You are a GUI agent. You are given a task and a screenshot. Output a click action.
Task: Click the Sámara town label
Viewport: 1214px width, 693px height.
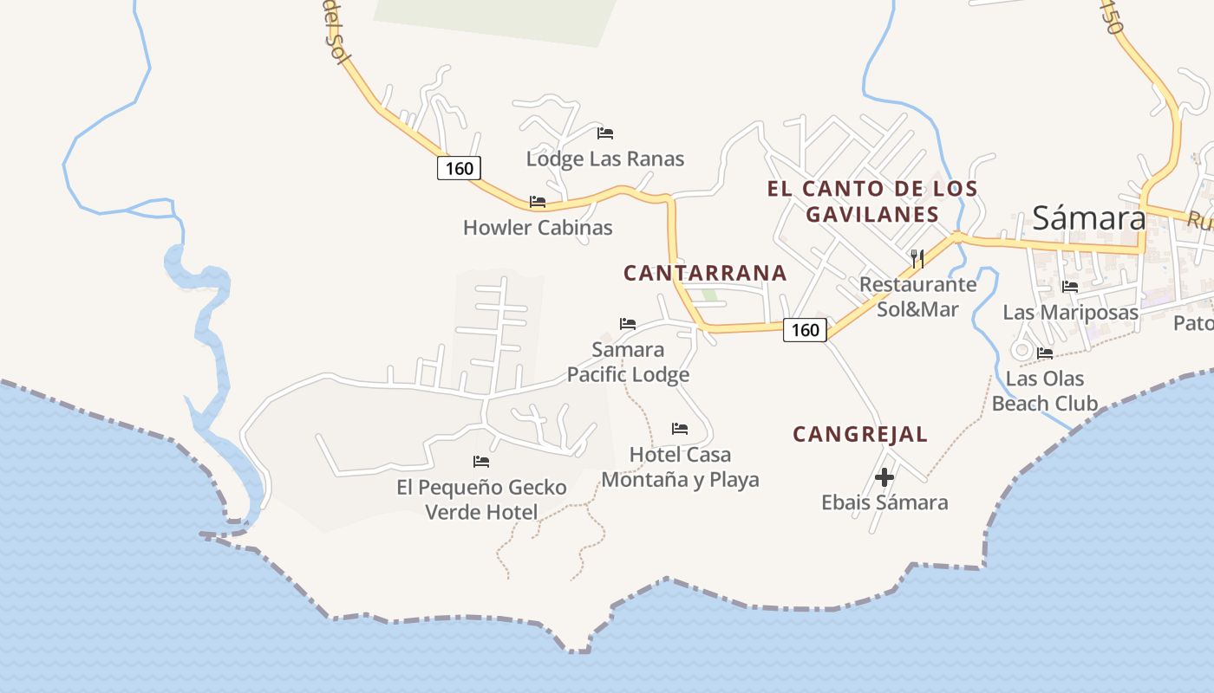[x=1088, y=218]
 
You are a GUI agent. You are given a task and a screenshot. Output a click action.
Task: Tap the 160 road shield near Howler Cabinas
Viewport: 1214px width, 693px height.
[x=459, y=167]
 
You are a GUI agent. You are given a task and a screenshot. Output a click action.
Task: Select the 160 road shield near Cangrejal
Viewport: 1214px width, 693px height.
[x=805, y=329]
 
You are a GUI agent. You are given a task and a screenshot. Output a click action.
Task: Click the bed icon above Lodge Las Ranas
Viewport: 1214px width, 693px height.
[x=605, y=133]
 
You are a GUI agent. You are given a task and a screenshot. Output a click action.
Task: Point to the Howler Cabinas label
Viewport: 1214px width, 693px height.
[x=538, y=228]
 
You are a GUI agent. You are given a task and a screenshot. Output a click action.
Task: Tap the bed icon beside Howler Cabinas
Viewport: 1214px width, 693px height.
[x=538, y=202]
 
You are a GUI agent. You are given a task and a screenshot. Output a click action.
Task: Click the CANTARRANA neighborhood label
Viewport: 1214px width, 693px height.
[x=705, y=273]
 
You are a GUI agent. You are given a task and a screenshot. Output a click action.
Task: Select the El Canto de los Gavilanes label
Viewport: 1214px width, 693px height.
[x=872, y=201]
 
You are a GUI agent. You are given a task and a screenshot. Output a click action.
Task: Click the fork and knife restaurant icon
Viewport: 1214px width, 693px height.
[x=917, y=257]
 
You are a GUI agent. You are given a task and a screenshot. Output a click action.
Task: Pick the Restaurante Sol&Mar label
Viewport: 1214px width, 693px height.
[x=917, y=296]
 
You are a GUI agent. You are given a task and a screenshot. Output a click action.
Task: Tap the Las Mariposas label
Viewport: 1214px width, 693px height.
[x=1070, y=312]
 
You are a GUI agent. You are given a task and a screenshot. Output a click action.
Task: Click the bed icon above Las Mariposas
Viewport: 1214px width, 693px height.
[x=1070, y=287]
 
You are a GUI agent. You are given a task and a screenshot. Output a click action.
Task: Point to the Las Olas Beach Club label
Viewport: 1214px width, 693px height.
[x=1044, y=391]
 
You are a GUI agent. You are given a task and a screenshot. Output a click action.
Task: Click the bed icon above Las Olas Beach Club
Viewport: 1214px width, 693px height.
[x=1044, y=353]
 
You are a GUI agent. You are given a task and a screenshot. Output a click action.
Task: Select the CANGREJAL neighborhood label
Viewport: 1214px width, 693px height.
[x=860, y=435]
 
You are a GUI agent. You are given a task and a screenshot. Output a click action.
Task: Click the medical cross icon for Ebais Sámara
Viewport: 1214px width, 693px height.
[x=884, y=477]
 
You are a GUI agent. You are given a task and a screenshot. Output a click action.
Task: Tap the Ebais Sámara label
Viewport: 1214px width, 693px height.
[x=884, y=502]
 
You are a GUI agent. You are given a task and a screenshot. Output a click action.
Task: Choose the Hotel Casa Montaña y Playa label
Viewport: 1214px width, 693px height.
[x=680, y=467]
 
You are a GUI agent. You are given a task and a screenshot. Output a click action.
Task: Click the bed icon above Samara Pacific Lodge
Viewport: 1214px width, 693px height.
[x=628, y=324]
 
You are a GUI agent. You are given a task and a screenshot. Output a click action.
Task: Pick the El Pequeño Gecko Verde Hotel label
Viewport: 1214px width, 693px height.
[x=481, y=500]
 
